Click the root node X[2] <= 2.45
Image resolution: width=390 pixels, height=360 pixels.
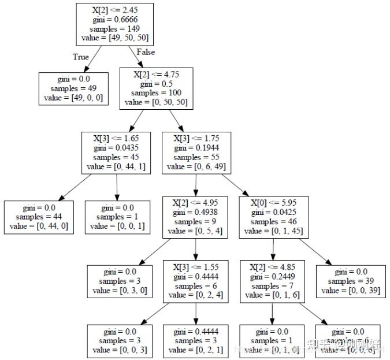click(109, 24)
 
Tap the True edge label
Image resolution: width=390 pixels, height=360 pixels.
click(81, 57)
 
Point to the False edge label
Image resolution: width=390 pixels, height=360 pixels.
click(146, 53)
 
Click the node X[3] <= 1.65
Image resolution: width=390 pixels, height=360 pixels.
click(117, 153)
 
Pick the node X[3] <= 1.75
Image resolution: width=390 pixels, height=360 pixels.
click(196, 153)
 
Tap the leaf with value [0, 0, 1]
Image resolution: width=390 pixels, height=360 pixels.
click(117, 217)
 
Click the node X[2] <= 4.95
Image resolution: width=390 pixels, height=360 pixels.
click(196, 217)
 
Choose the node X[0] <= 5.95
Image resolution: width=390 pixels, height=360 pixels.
click(273, 217)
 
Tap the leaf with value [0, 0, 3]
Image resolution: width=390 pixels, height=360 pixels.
click(120, 341)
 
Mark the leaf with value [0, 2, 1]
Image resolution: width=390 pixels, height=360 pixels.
click(196, 341)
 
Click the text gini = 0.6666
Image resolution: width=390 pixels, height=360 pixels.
click(109, 20)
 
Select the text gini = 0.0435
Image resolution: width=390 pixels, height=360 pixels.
click(117, 148)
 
